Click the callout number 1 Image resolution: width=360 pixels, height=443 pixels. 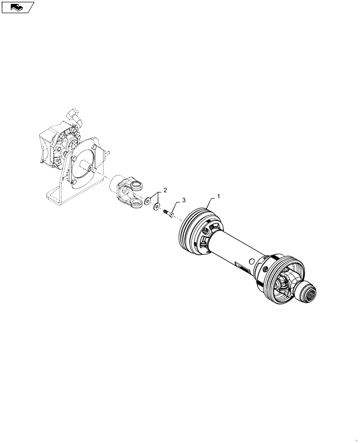pyautogui.click(x=218, y=196)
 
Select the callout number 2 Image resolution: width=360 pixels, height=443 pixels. pyautogui.click(x=165, y=190)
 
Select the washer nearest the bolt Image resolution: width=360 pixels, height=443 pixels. pyautogui.click(x=157, y=206)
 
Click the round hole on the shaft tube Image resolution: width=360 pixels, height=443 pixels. pyautogui.click(x=251, y=260)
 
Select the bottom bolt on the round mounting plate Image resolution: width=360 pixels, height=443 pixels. pyautogui.click(x=75, y=183)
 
